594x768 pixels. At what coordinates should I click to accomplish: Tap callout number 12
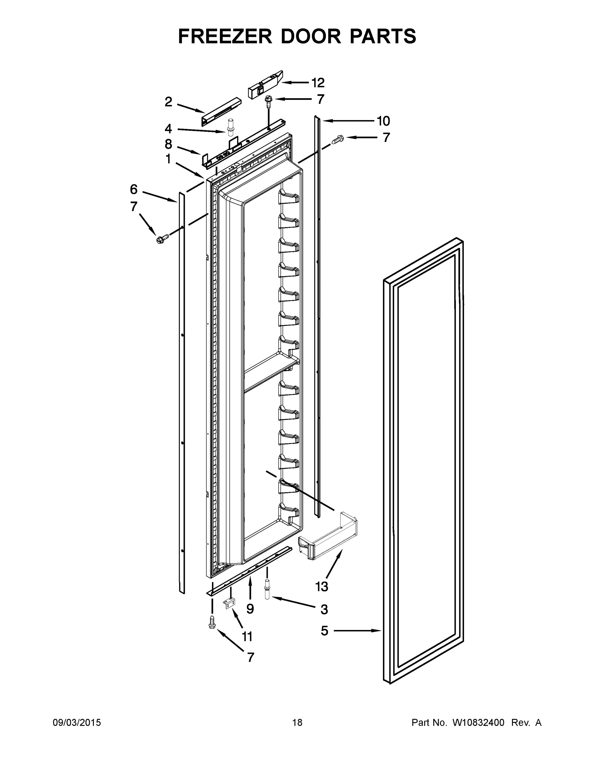pos(317,83)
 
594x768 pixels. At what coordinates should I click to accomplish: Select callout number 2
pos(168,102)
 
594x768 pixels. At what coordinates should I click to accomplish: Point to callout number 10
pos(383,121)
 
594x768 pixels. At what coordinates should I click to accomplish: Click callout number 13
pos(321,587)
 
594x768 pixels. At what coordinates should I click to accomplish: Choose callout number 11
pos(247,636)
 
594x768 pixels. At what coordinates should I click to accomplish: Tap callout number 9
pos(250,608)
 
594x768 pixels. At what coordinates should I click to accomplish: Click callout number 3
pos(324,609)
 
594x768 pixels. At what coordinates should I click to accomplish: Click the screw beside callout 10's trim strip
pos(338,140)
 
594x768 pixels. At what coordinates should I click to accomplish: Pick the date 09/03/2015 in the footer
pos(77,723)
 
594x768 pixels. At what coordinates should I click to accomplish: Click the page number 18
pos(297,723)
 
